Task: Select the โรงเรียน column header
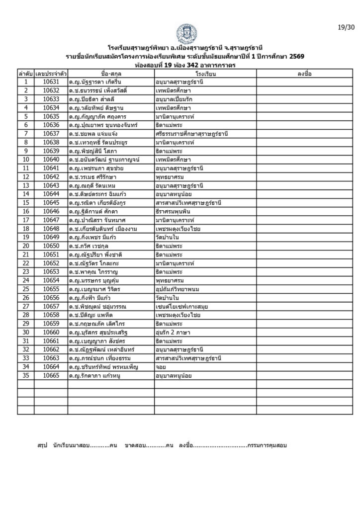pos(205,74)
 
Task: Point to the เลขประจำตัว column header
pos(51,74)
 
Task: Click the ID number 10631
pos(51,82)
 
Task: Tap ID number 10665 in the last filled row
pos(51,375)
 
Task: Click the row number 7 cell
pos(25,134)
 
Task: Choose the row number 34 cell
pos(25,367)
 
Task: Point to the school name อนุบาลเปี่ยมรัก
pos(174,99)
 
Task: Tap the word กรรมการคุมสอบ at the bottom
pos(267,445)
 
